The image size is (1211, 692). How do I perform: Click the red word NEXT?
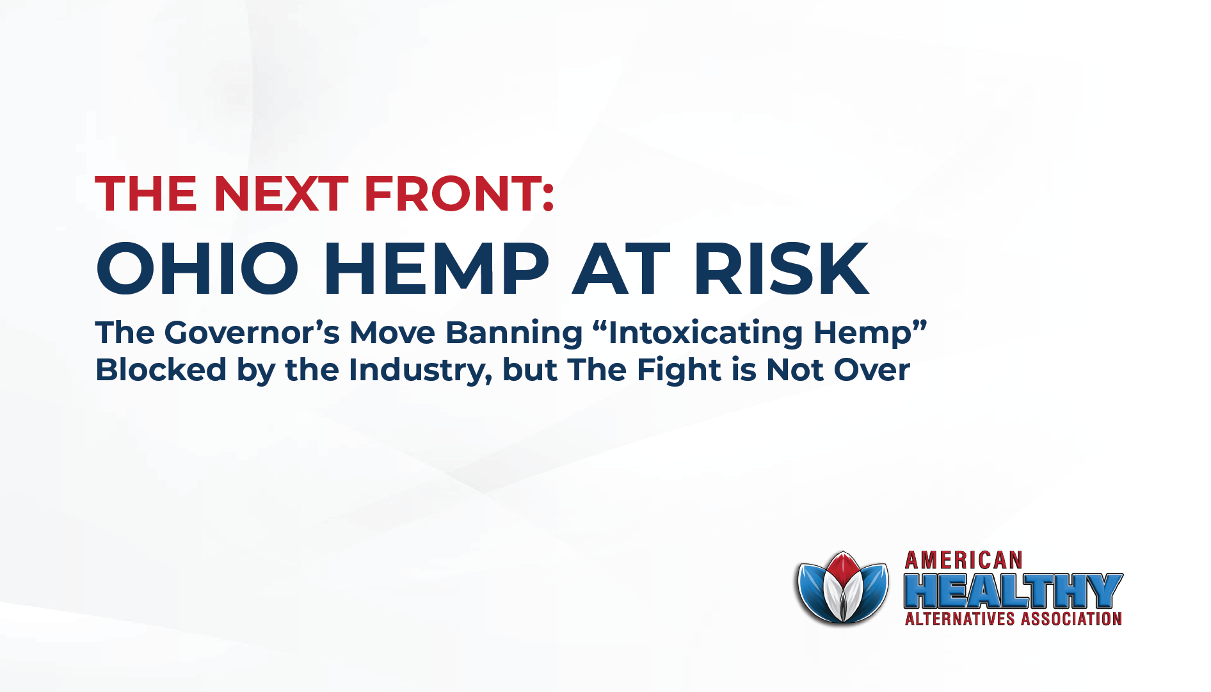coord(280,193)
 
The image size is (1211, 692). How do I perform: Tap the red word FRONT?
coord(452,193)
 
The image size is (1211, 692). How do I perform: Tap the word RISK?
coord(781,269)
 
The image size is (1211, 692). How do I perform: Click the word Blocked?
coord(161,370)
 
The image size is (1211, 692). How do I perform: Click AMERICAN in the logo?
coord(963,561)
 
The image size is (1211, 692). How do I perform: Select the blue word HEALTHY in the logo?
coord(1013,591)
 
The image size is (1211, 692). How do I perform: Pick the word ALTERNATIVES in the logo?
coord(959,619)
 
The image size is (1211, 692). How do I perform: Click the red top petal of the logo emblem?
coord(843,567)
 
